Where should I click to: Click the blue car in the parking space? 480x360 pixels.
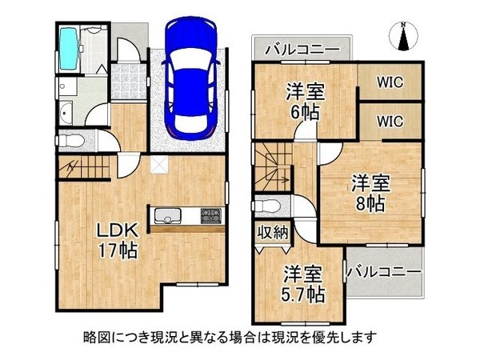pos(191,78)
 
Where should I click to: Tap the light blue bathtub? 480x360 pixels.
pos(68,49)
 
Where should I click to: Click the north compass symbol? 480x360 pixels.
pos(404,37)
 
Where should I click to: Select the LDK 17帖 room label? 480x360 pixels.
pos(118,241)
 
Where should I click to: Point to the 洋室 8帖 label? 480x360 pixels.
pos(370,193)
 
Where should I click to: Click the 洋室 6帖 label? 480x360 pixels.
pos(305,102)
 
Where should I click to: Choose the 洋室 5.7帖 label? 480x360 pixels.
pos(302,284)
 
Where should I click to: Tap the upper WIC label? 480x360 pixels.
pos(390,82)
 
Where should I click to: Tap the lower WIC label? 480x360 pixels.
pos(390,122)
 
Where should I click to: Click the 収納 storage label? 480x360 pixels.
pos(273,233)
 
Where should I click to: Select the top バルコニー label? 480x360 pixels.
pos(302,49)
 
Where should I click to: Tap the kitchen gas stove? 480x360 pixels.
pos(211,215)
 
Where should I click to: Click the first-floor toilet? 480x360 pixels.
pos(72,141)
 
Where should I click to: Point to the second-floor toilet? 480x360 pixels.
pos(266,206)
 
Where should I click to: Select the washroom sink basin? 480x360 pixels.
pos(66,114)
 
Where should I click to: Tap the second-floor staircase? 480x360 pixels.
pos(273,167)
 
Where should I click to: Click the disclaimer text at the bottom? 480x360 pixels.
pos(230,338)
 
